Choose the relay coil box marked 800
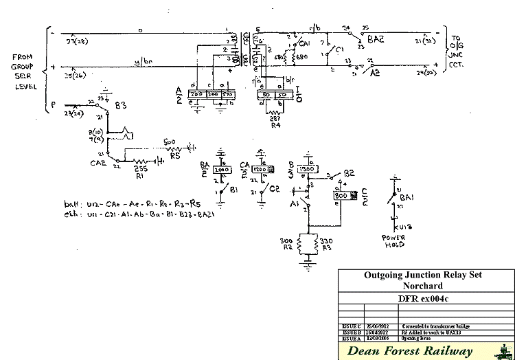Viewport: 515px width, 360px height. pos(341,196)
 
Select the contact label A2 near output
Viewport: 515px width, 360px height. pos(374,71)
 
